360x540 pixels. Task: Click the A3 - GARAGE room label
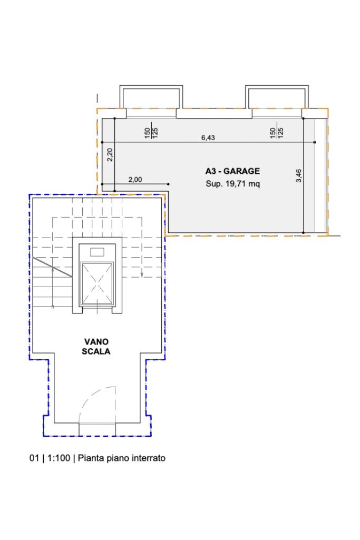click(232, 171)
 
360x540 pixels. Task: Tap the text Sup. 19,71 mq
click(232, 183)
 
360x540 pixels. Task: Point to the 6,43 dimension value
click(208, 138)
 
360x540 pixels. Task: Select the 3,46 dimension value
click(299, 175)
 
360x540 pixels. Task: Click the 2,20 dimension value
click(110, 154)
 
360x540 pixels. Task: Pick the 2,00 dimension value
click(135, 180)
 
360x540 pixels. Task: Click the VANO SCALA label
click(96, 347)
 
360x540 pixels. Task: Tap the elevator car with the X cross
click(97, 284)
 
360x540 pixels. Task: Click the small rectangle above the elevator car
click(97, 252)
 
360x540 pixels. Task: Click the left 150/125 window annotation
click(151, 133)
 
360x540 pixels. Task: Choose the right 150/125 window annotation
click(277, 133)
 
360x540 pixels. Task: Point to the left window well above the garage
click(151, 97)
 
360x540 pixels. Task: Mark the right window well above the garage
click(277, 97)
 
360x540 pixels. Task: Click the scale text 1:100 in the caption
click(59, 458)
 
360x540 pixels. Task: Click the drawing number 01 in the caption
click(34, 458)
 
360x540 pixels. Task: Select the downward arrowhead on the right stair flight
click(142, 274)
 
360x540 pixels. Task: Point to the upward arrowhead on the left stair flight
click(52, 269)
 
